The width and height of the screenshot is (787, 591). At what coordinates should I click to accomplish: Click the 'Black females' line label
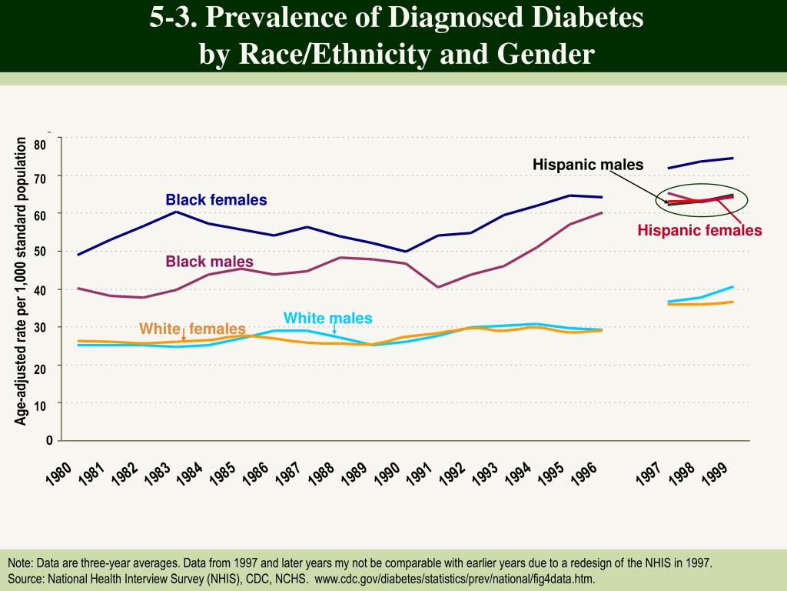[x=216, y=200]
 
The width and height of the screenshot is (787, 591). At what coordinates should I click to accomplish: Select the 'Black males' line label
[x=209, y=262]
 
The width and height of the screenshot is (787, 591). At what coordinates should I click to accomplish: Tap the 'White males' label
[x=327, y=318]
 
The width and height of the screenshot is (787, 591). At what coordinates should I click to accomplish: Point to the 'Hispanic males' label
[x=588, y=165]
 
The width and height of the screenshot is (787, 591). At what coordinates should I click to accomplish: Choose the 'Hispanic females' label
[x=699, y=230]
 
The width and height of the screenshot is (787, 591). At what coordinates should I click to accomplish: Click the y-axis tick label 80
[x=40, y=145]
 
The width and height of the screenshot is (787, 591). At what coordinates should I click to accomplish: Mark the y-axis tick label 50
[x=40, y=252]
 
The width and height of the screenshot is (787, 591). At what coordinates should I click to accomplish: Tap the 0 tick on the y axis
[x=49, y=440]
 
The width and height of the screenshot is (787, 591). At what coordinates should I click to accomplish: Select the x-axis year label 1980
[x=59, y=473]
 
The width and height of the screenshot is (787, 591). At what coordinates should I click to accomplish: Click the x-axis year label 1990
[x=387, y=473]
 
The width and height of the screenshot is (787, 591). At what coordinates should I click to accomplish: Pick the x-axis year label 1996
[x=585, y=473]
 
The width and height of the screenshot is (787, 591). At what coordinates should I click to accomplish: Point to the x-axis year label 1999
[x=716, y=473]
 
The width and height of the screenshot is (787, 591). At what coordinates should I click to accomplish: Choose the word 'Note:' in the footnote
[x=22, y=563]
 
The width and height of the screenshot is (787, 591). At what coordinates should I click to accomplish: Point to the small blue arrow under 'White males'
[x=334, y=331]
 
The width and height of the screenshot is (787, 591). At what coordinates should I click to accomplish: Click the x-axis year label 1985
[x=223, y=473]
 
